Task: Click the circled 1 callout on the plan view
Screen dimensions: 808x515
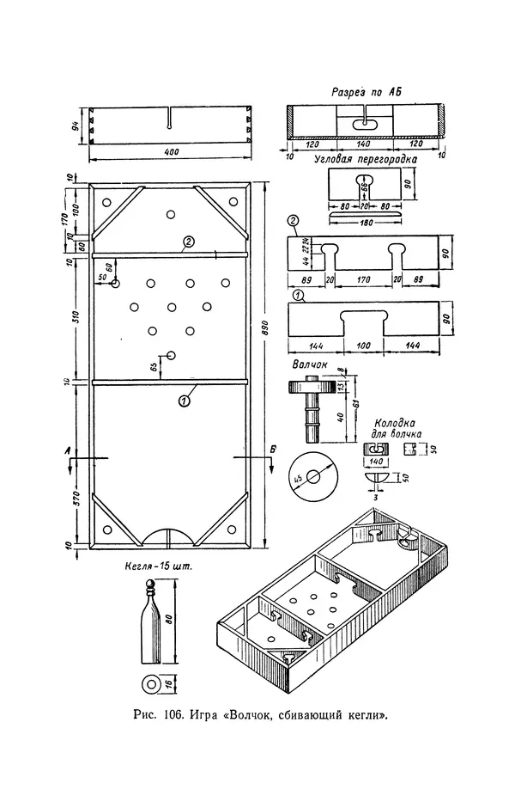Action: (184, 399)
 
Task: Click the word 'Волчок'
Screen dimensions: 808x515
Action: (310, 364)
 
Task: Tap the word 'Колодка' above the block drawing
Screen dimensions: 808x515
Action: (397, 424)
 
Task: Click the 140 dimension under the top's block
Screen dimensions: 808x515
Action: (375, 461)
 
